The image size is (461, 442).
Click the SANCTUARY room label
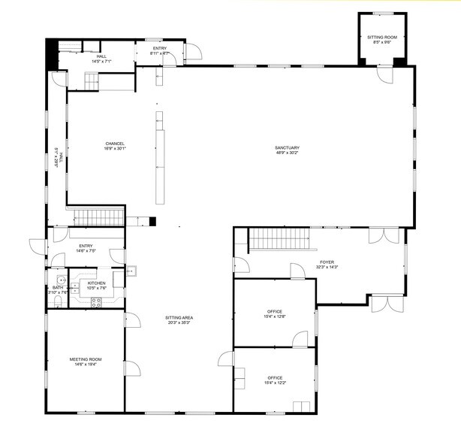coord(288,147)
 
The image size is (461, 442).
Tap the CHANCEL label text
coord(115,144)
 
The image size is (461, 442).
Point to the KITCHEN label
coord(96,283)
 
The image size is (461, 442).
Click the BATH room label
coord(57,287)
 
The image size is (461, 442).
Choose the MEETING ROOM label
coord(86,359)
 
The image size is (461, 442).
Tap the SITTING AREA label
coord(178,318)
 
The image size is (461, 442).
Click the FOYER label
coord(327,262)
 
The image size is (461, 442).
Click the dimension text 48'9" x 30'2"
coord(288,153)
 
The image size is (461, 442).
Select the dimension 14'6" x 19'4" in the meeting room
coord(86,365)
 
